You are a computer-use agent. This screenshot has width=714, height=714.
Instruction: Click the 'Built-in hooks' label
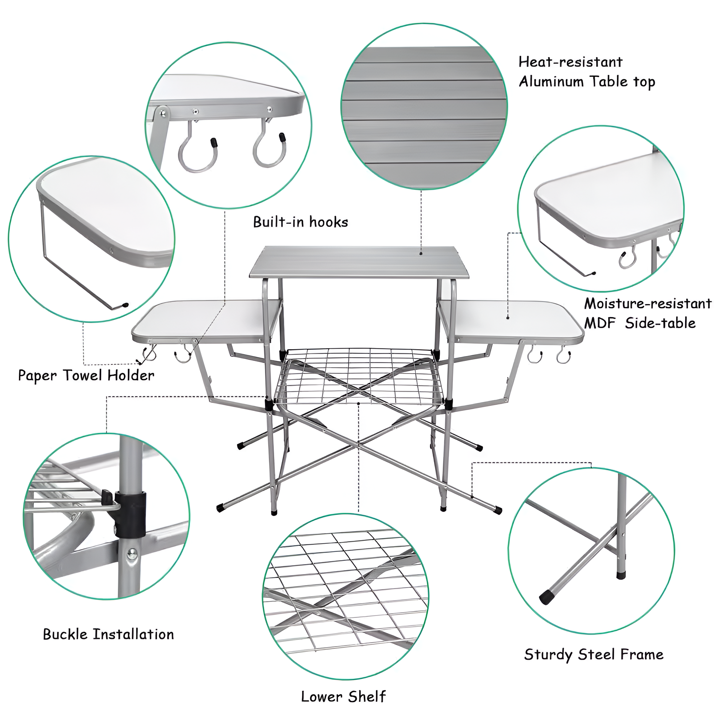pos(301,222)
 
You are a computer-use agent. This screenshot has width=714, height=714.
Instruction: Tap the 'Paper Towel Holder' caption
pos(86,376)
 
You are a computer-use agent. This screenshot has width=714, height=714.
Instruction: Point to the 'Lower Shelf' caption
pos(343,697)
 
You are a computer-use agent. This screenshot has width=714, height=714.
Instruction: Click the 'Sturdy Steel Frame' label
pos(594,654)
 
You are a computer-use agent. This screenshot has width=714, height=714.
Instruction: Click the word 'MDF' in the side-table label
pos(600,323)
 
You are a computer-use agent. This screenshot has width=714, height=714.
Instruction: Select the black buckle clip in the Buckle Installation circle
pos(131,514)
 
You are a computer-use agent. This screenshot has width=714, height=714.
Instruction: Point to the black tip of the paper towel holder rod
pos(125,306)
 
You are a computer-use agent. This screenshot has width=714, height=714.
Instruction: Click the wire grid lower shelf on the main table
pos(358,377)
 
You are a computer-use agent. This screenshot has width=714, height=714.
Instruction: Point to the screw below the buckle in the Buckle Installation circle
pos(132,553)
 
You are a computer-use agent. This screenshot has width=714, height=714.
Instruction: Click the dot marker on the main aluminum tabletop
pos(421,253)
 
